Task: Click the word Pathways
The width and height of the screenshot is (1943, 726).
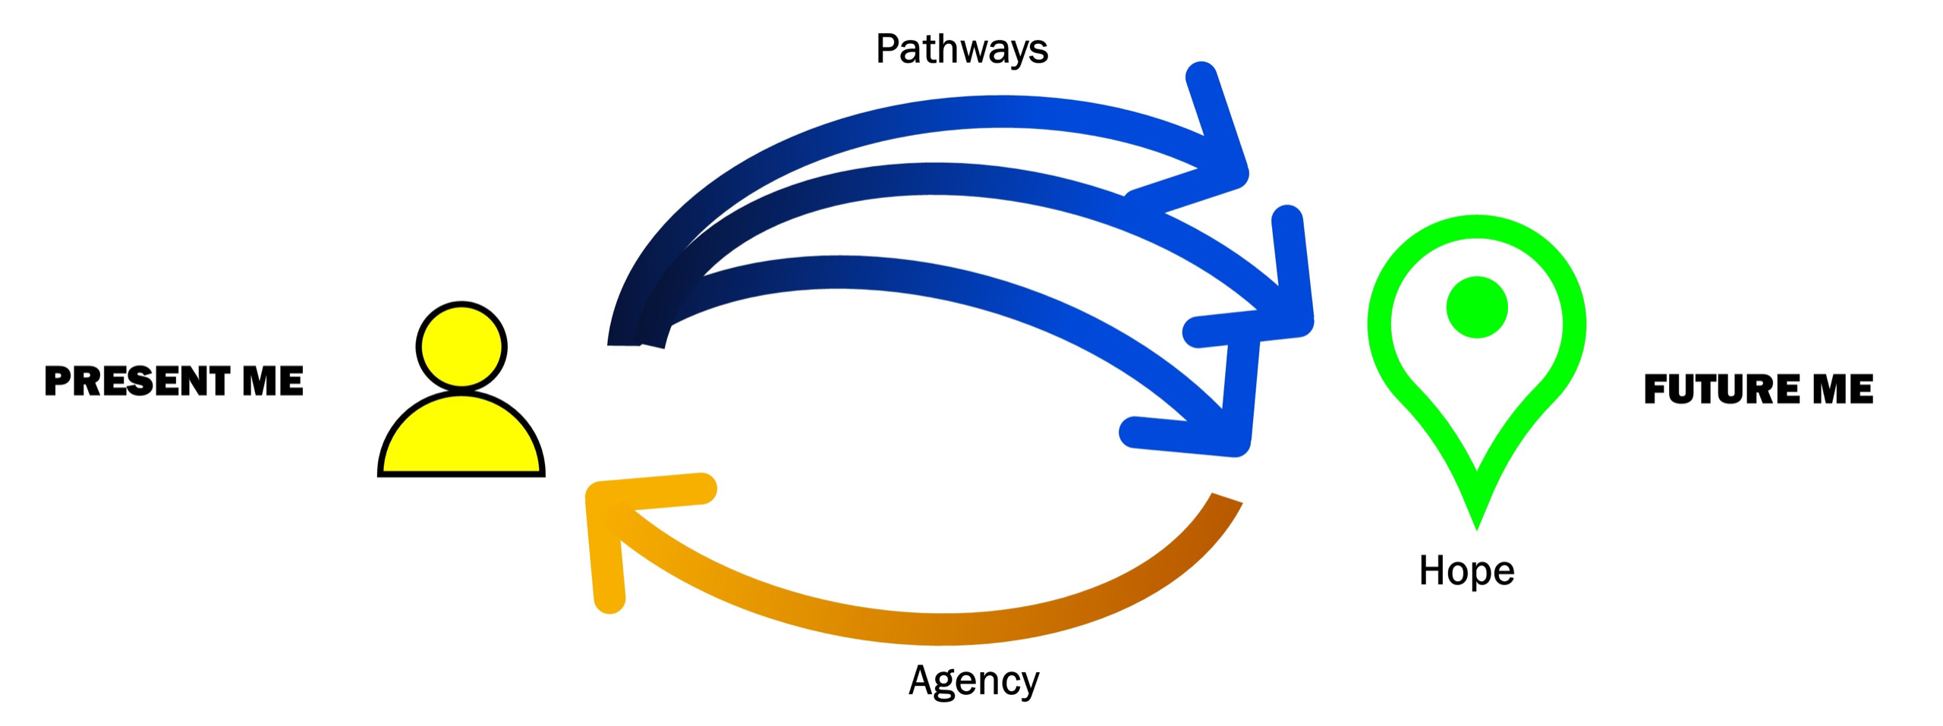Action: point(961,50)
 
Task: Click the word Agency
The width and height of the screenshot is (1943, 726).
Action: point(973,680)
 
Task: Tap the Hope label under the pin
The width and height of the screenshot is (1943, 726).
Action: point(1466,570)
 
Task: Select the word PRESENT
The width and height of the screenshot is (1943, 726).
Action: point(137,381)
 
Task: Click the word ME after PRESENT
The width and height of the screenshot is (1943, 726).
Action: point(272,381)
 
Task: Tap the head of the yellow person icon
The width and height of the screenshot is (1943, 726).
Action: point(461,346)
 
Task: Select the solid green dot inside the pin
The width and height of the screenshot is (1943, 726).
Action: point(1476,307)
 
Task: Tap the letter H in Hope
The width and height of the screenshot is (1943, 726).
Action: point(1431,570)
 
